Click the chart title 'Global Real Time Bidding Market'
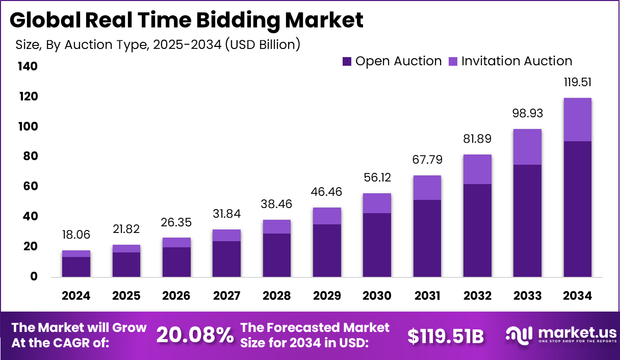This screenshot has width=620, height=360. [x=187, y=20]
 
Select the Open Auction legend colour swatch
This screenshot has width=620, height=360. [x=347, y=62]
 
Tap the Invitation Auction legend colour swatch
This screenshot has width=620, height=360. [x=453, y=62]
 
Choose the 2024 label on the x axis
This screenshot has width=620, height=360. [x=76, y=296]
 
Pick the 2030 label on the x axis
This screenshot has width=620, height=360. [x=377, y=296]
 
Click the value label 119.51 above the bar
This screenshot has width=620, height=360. [x=577, y=83]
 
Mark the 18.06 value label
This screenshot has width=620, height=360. [x=76, y=235]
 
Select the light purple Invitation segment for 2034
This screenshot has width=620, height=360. [x=577, y=119]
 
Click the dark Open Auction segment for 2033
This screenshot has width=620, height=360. [x=527, y=221]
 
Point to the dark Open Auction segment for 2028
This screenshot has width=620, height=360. [x=276, y=255]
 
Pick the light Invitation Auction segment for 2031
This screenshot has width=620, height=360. [x=427, y=188]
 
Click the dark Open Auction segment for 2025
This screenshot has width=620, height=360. [x=126, y=264]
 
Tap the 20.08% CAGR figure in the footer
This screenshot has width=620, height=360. [x=195, y=335]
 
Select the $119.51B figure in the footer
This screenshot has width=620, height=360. [x=446, y=336]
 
